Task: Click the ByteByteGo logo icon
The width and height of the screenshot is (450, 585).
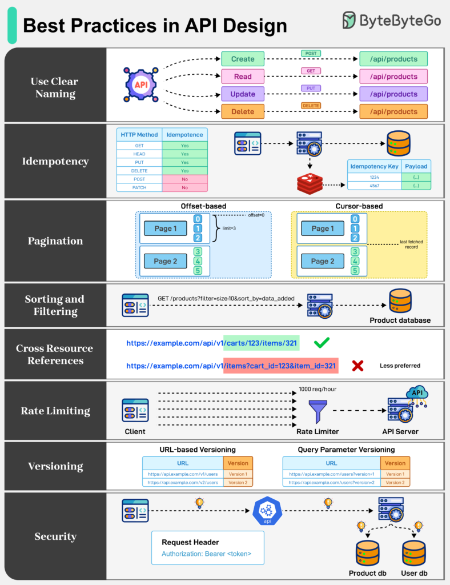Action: (x=349, y=21)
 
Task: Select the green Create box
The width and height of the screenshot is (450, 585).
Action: (x=243, y=59)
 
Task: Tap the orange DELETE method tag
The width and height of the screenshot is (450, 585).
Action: (x=311, y=106)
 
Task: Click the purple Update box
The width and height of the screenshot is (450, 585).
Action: (x=243, y=94)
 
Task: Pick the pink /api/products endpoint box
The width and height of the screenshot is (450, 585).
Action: (x=393, y=77)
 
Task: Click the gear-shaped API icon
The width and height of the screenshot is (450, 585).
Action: (x=140, y=85)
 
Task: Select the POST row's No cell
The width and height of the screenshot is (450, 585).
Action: (x=184, y=179)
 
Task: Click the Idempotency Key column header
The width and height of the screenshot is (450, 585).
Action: (x=375, y=166)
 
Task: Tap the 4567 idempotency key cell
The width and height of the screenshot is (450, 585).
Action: (x=375, y=186)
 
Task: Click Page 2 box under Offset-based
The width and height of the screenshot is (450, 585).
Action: (x=166, y=261)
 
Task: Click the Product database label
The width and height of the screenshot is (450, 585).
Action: (x=400, y=320)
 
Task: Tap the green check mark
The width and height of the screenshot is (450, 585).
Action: (x=322, y=343)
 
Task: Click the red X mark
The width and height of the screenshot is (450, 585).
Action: (x=358, y=366)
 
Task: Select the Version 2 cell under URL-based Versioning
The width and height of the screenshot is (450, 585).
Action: (x=238, y=483)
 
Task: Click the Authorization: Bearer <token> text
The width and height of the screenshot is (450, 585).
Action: (x=206, y=554)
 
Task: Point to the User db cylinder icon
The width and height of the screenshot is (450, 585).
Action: (x=414, y=553)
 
